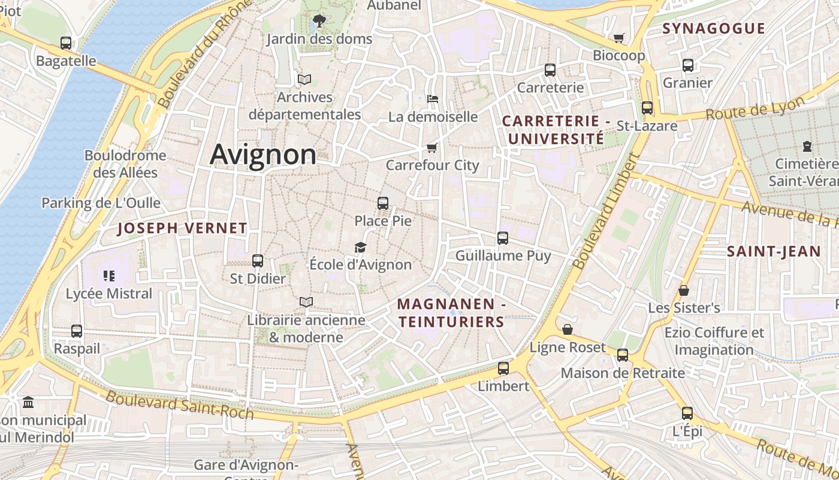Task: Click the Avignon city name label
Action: click(x=263, y=155)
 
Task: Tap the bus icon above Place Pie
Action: click(x=383, y=203)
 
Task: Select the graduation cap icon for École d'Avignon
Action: click(x=360, y=247)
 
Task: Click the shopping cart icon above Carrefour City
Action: click(x=431, y=148)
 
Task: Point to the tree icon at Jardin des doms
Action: click(x=319, y=21)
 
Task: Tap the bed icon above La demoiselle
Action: click(x=433, y=98)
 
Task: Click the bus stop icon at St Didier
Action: click(x=258, y=261)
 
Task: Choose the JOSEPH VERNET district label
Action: click(x=182, y=228)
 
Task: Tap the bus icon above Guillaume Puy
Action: click(x=503, y=238)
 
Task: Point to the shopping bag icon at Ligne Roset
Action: click(x=568, y=329)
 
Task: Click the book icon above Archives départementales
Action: click(x=304, y=79)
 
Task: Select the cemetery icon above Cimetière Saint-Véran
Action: click(x=807, y=146)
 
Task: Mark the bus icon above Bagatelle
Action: click(x=66, y=43)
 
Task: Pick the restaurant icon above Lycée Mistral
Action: click(x=109, y=276)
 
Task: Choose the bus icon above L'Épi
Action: click(x=687, y=413)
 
